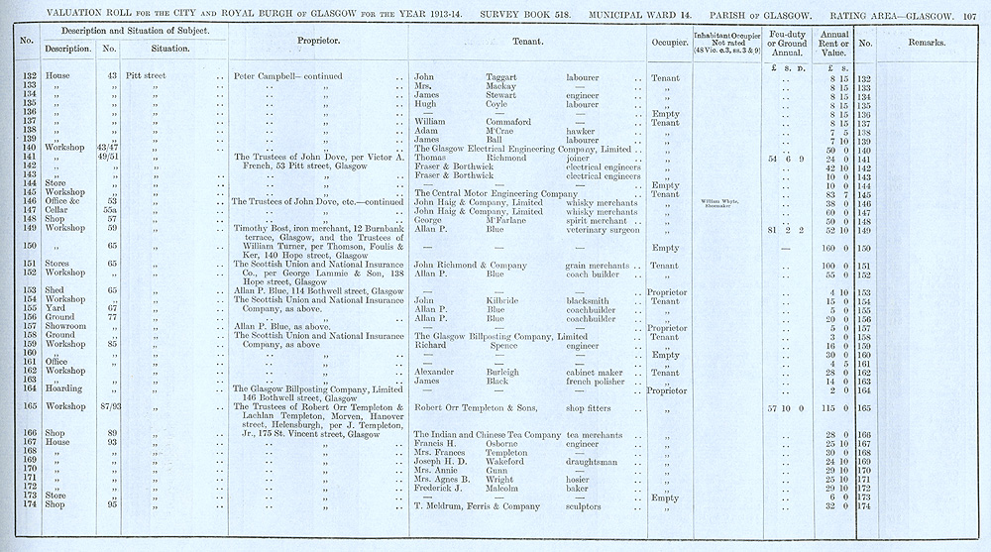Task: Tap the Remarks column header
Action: pyautogui.click(x=925, y=44)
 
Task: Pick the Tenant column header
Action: pyautogui.click(x=532, y=44)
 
